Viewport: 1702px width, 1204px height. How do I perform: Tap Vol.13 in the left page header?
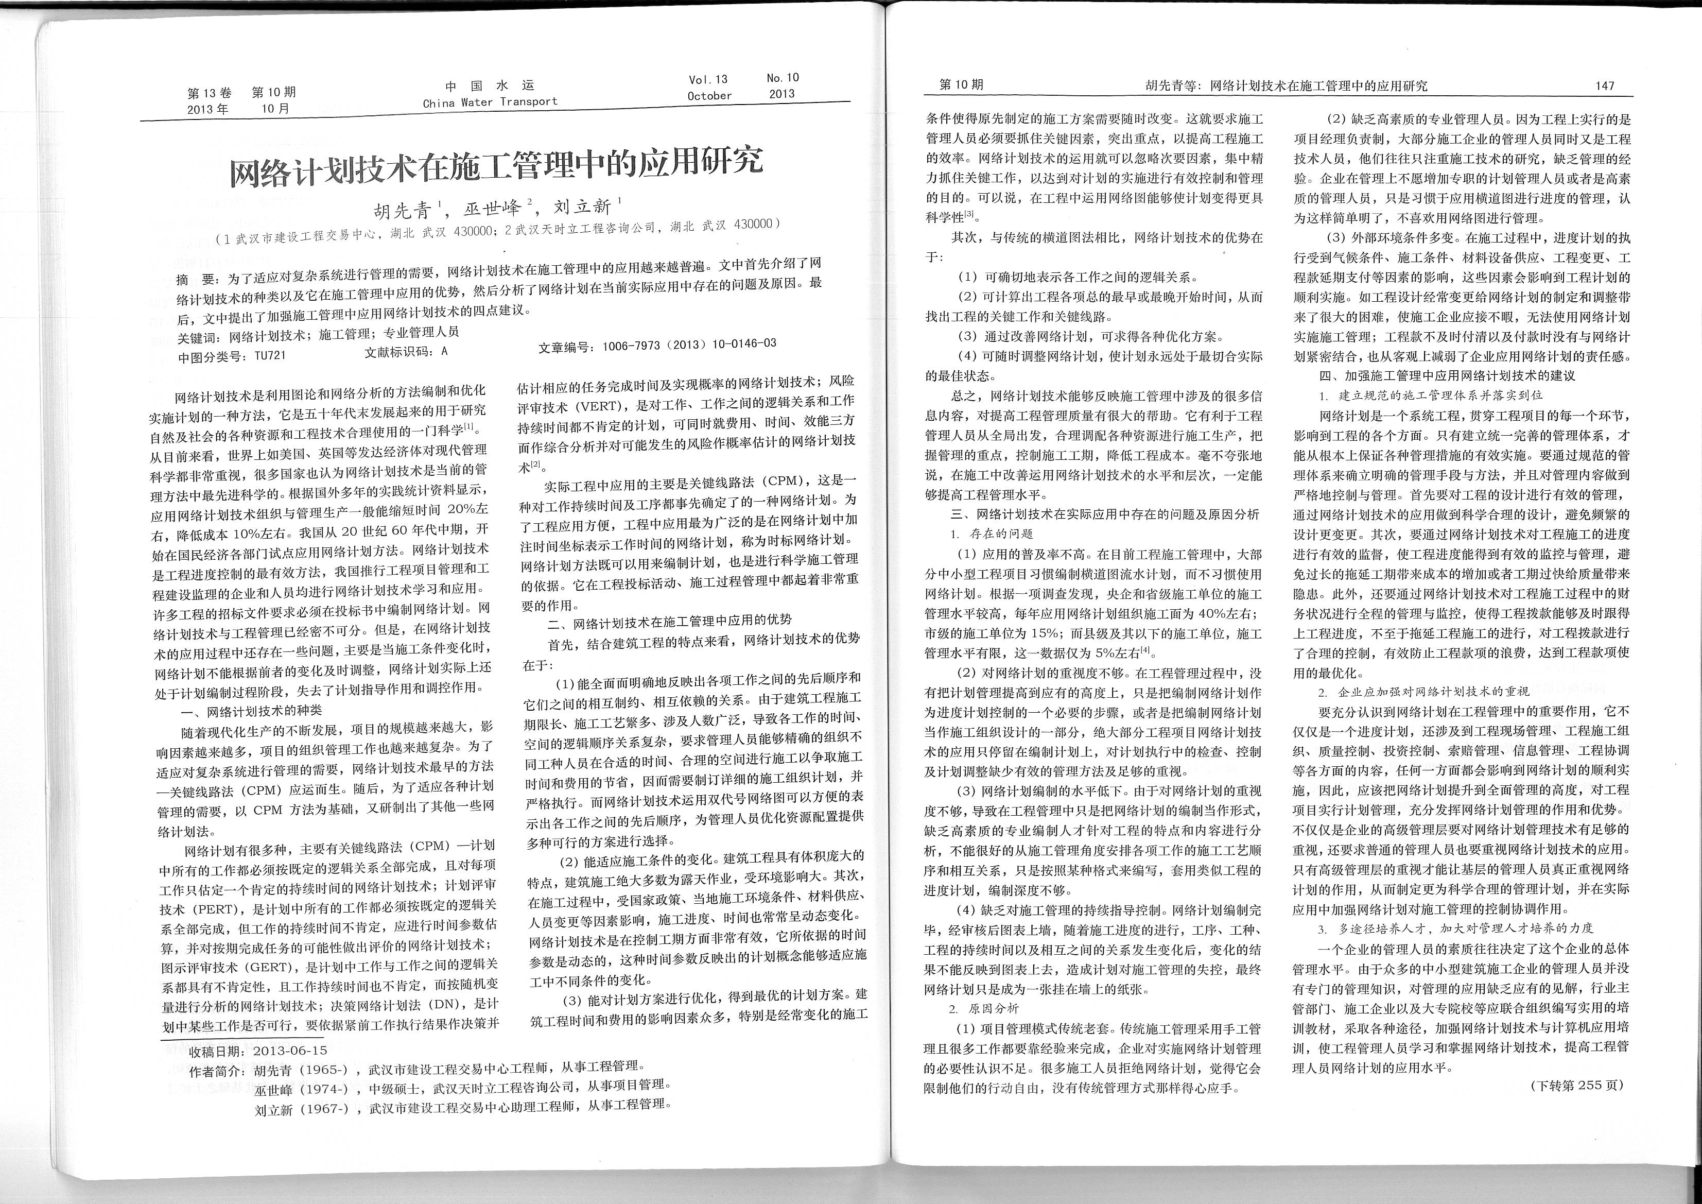click(x=708, y=79)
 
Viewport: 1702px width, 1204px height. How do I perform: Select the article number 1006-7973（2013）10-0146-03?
click(x=689, y=345)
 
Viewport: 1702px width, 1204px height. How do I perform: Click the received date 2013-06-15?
click(x=290, y=1051)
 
